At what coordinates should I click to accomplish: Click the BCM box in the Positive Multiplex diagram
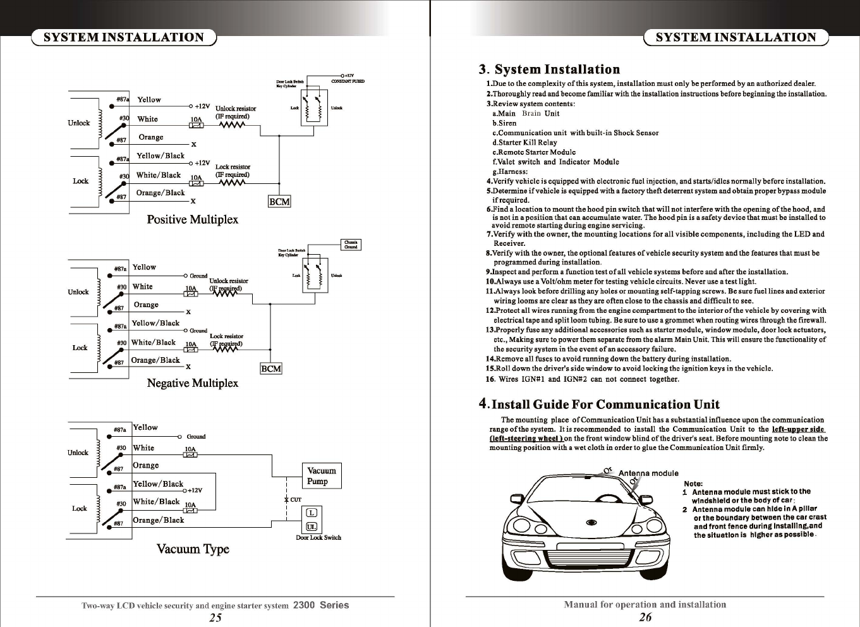279,202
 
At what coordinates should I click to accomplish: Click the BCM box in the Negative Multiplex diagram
271,368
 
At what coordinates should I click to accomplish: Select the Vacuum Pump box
322,476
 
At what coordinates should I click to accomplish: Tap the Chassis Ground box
351,245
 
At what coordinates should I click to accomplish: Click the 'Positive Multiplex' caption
192,220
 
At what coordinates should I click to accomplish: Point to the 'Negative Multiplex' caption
192,383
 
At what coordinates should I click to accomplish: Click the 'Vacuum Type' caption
193,549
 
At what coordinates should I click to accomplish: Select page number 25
215,618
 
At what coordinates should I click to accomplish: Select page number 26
645,618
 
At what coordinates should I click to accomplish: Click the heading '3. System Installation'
549,69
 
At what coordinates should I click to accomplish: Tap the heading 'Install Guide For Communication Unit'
605,405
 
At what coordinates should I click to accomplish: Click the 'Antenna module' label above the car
648,473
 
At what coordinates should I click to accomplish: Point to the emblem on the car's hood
592,522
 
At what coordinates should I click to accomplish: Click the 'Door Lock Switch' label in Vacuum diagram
318,538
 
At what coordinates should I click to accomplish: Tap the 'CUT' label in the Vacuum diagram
295,499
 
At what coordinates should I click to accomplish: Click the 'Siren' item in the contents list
507,123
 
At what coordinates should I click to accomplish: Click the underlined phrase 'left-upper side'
798,429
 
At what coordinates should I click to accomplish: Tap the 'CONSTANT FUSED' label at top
348,82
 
